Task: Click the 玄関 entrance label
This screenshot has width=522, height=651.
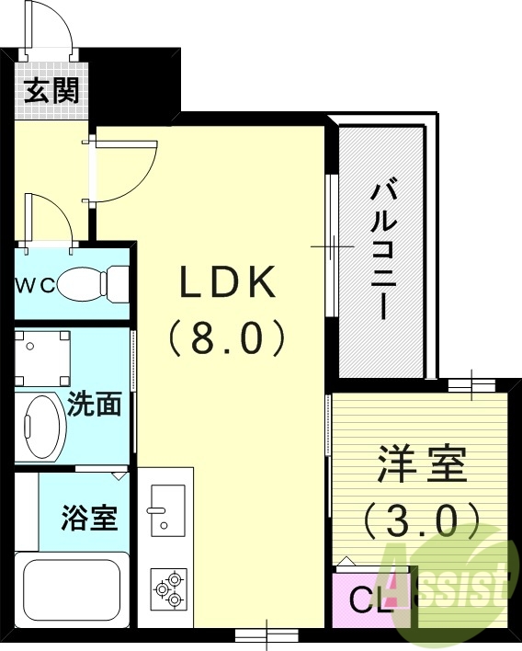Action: click(x=51, y=90)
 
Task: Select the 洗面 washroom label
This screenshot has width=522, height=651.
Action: click(x=95, y=405)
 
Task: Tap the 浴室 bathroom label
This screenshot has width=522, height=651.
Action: click(x=90, y=518)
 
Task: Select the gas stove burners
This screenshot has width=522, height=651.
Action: click(x=168, y=588)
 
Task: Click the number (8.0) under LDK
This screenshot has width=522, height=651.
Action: click(x=228, y=338)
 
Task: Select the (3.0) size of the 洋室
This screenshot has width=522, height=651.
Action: click(x=420, y=521)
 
